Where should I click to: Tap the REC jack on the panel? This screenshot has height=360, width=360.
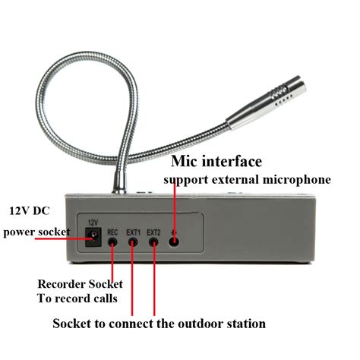coord(113,243)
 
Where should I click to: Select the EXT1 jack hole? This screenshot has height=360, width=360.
coord(133,243)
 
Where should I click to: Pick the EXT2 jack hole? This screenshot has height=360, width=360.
coord(153,243)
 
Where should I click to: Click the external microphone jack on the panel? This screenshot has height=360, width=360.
coord(175,242)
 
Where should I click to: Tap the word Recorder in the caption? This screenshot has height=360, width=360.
coord(60,284)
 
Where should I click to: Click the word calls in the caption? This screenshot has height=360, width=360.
coord(103,298)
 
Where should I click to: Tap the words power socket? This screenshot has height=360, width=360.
coord(36,232)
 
